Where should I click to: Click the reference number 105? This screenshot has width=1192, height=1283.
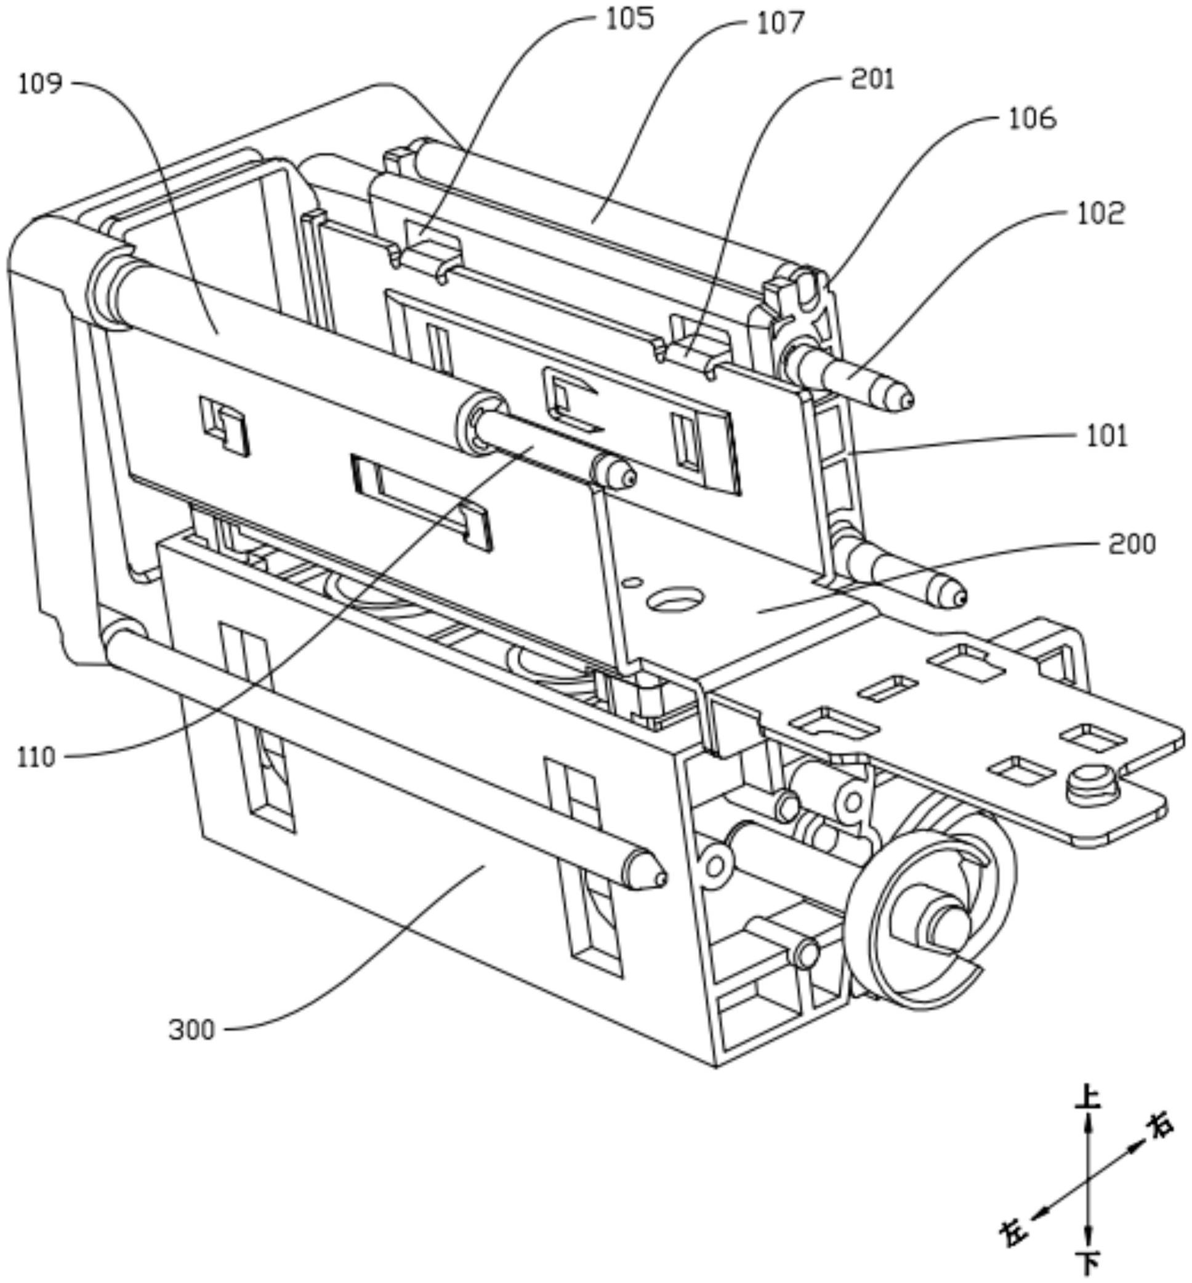coord(629,18)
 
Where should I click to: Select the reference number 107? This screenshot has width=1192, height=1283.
coord(781,23)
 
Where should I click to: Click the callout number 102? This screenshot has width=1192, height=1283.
coord(1100,214)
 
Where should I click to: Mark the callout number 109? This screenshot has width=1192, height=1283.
coord(40,84)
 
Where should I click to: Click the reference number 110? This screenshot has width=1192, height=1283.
coord(36,757)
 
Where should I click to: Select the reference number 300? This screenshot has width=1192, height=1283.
coord(191,1030)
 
